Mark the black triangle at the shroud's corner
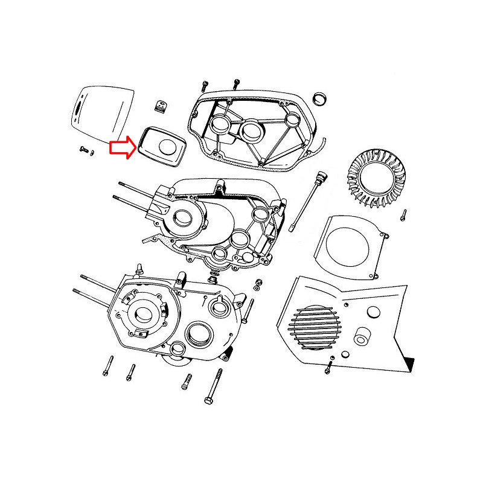coord(411,363)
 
